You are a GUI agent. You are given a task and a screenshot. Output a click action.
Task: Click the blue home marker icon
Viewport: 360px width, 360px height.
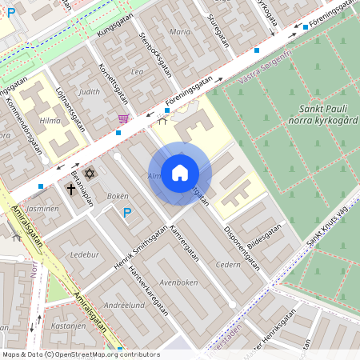pyautogui.click(x=180, y=173)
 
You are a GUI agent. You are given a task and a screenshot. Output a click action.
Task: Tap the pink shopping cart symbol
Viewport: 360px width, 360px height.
pyautogui.click(x=122, y=118)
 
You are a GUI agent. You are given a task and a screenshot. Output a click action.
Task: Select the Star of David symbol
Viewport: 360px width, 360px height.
pyautogui.click(x=89, y=173)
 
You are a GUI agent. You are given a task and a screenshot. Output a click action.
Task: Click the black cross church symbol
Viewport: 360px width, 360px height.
pyautogui.click(x=72, y=190)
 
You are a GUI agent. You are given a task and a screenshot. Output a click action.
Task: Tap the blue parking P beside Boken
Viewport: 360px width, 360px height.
pyautogui.click(x=126, y=212)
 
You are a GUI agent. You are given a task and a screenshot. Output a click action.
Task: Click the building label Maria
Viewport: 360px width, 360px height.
pyautogui.click(x=181, y=33)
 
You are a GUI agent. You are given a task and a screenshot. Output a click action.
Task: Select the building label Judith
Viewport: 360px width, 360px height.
pyautogui.click(x=90, y=91)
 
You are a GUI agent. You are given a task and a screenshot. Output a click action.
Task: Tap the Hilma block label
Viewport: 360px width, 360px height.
pyautogui.click(x=50, y=120)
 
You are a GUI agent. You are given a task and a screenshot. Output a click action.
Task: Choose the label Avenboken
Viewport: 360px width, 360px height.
pyautogui.click(x=178, y=282)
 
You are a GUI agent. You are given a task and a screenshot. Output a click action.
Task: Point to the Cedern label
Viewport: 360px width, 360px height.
pyautogui.click(x=228, y=264)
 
